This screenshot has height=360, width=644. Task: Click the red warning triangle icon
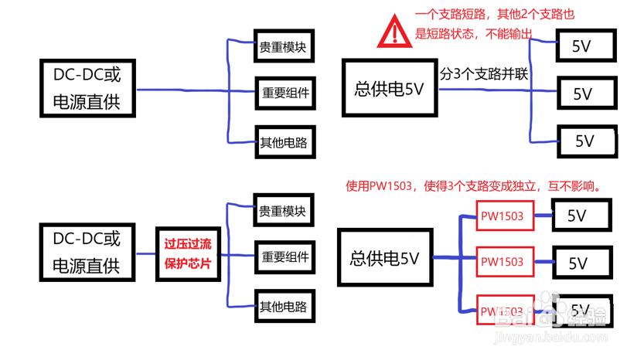tap(395, 32)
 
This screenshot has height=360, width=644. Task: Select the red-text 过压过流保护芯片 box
tap(188, 253)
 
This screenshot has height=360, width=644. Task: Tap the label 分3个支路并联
tap(484, 75)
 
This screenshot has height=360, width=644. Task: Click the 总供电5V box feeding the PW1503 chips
tap(384, 258)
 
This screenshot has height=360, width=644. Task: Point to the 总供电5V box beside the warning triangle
tap(389, 89)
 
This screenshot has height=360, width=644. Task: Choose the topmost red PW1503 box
tap(502, 216)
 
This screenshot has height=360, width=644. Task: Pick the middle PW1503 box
tap(502, 262)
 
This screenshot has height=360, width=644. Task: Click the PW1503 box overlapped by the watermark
tap(503, 311)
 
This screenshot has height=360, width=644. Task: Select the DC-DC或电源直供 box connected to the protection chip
tap(86, 253)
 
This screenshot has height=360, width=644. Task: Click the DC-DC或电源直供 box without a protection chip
tap(86, 87)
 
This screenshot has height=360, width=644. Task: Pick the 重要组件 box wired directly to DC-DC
tap(285, 93)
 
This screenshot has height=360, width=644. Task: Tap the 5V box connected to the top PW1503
tap(580, 216)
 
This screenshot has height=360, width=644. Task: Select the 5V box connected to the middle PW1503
tap(580, 263)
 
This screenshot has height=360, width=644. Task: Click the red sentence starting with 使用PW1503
tap(473, 186)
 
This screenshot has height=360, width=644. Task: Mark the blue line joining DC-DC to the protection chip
tap(145, 253)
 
